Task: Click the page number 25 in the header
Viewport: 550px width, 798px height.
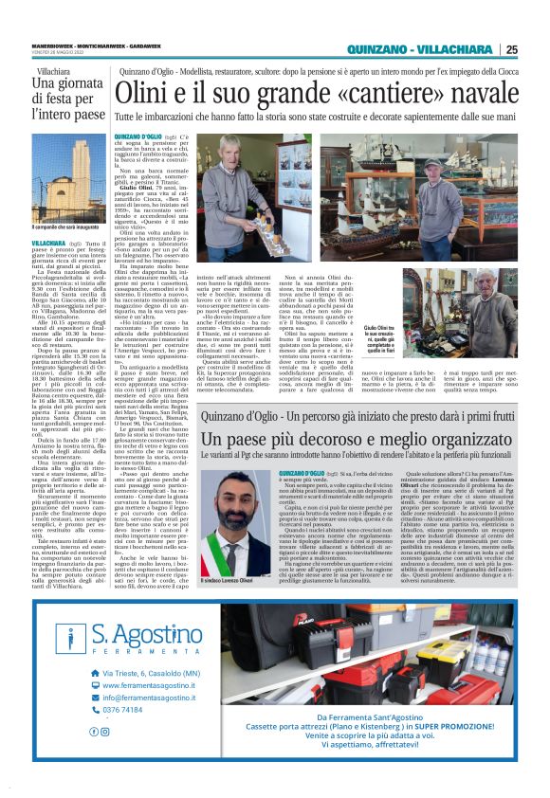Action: click(511, 49)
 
